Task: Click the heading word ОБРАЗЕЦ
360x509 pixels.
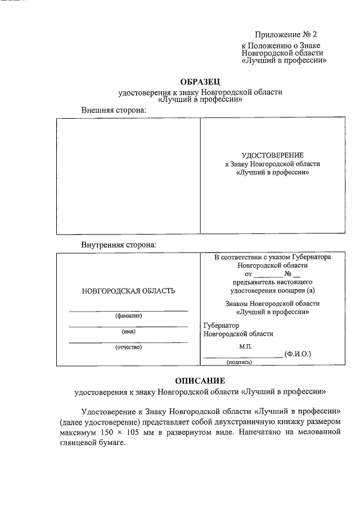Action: (x=200, y=82)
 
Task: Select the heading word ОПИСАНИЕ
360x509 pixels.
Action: (x=200, y=380)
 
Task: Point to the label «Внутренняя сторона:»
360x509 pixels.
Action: (x=119, y=245)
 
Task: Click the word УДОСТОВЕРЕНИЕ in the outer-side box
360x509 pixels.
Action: (x=272, y=155)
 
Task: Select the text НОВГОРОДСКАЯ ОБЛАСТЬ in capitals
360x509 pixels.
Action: (x=128, y=291)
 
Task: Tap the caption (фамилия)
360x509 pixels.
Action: (x=128, y=316)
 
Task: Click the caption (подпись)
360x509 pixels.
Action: (x=239, y=363)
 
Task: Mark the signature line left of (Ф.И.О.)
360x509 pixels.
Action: (x=242, y=357)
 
